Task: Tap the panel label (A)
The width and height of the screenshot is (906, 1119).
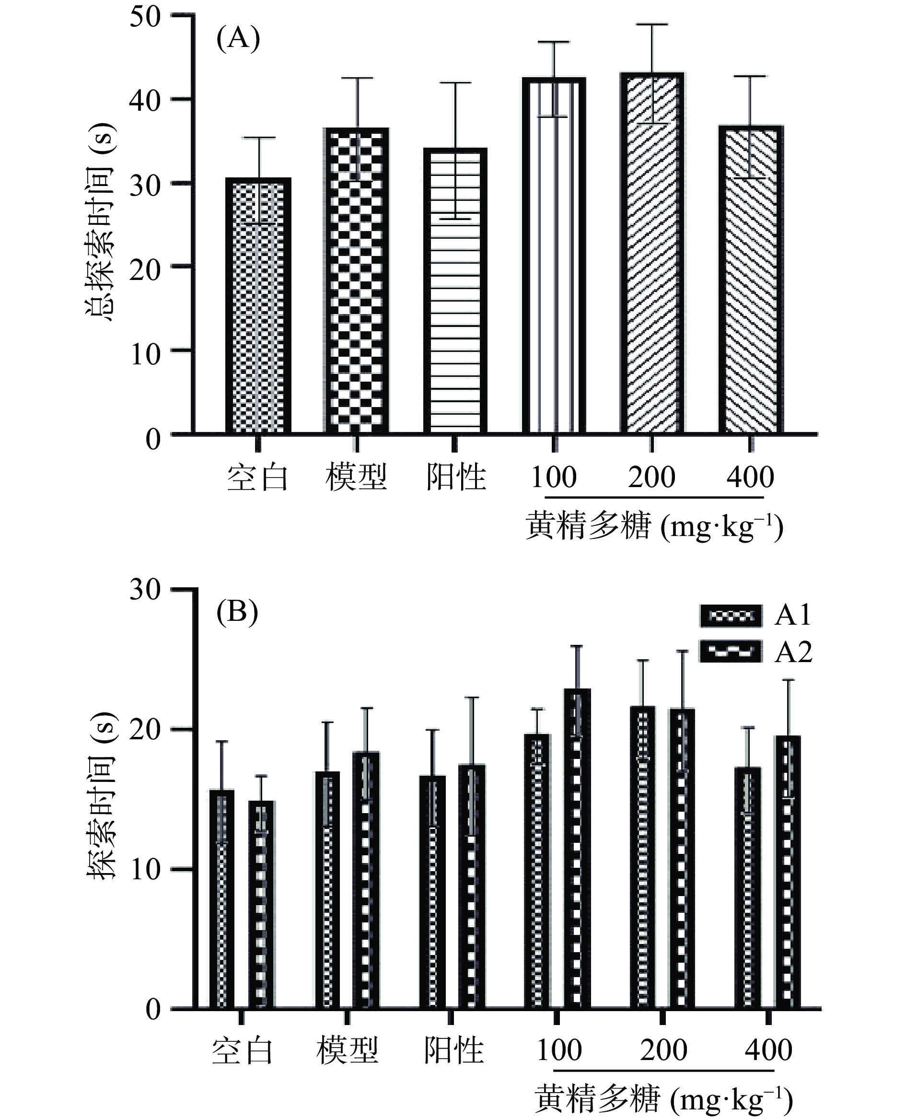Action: click(x=238, y=40)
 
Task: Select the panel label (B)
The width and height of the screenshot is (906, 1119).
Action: click(x=237, y=612)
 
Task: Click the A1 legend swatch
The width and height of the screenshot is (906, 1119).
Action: click(x=730, y=616)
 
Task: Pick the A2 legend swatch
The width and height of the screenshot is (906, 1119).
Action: click(x=730, y=651)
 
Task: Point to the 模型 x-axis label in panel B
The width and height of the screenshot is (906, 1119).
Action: click(x=347, y=1050)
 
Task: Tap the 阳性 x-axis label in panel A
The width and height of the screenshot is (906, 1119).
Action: click(x=455, y=477)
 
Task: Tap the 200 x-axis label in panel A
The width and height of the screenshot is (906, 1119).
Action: click(x=651, y=477)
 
